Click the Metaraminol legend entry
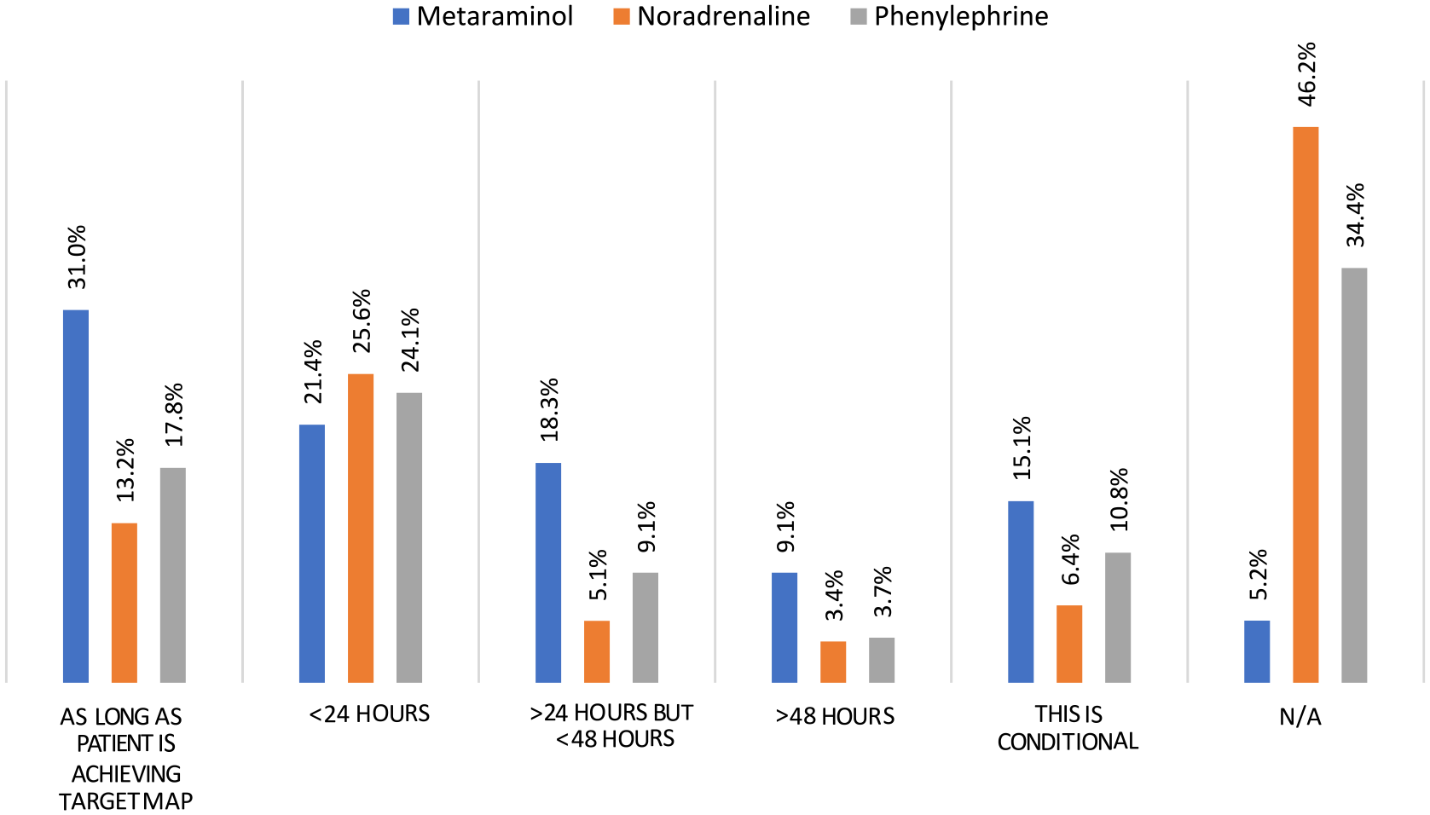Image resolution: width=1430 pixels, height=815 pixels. click(483, 16)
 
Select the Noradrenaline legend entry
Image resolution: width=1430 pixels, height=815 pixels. click(711, 16)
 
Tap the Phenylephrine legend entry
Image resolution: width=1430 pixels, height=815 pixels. click(949, 16)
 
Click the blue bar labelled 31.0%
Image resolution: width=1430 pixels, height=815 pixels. click(76, 496)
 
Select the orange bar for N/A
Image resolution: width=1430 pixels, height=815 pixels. click(1306, 405)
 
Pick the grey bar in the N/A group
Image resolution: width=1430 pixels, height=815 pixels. click(1354, 475)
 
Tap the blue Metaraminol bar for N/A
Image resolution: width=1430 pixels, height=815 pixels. click(1257, 651)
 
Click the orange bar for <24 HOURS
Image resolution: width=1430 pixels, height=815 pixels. click(361, 528)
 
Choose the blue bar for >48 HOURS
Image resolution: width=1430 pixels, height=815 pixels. click(784, 627)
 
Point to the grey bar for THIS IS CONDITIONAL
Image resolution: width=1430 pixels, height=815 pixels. click(1118, 617)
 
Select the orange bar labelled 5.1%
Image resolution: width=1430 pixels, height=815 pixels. click(597, 651)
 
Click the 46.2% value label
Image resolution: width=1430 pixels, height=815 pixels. click(1306, 74)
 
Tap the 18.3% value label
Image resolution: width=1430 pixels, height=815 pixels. click(549, 410)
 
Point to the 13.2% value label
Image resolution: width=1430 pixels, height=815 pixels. click(125, 470)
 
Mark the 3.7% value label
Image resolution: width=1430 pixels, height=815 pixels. click(883, 592)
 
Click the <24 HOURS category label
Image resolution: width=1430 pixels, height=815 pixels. click(369, 714)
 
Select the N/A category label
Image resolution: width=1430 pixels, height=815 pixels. click(1300, 717)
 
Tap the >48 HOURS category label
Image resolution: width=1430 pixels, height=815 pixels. click(834, 716)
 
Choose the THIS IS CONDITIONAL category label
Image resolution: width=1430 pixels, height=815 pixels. click(1068, 727)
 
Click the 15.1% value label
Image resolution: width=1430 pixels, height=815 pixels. click(1022, 448)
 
